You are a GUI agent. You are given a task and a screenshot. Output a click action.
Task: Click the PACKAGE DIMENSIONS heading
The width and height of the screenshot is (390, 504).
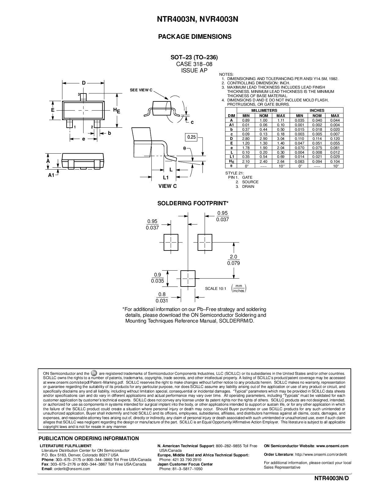(x=195, y=37)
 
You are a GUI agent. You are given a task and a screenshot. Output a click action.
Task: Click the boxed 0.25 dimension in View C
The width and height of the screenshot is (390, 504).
(x=191, y=137)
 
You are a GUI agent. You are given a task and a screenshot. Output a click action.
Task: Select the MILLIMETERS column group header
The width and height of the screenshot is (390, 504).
(x=264, y=111)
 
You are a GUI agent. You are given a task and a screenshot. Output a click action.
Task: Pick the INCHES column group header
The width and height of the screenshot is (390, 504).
(x=317, y=111)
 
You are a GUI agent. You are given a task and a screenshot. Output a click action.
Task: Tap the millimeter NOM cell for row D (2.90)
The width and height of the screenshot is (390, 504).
(x=263, y=139)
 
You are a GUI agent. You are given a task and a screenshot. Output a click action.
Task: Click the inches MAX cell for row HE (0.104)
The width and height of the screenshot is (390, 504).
(x=335, y=162)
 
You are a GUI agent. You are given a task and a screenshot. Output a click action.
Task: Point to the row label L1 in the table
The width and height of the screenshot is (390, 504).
(x=232, y=157)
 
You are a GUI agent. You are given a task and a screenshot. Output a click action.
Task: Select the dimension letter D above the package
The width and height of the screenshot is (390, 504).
(x=84, y=83)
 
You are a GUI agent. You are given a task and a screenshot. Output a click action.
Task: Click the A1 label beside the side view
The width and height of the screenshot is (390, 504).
(x=51, y=175)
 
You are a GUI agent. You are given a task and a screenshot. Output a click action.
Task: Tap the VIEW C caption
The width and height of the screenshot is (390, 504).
(x=167, y=186)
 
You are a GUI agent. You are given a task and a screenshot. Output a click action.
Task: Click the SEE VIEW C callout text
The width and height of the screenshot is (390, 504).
(x=141, y=90)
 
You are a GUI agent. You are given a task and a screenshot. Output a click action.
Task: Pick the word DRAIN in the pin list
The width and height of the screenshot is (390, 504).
(x=248, y=187)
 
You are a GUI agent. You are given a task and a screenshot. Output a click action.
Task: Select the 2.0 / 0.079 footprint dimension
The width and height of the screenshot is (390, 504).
(x=233, y=260)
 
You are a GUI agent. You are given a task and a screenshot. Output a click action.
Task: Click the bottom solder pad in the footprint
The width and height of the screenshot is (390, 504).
(x=188, y=278)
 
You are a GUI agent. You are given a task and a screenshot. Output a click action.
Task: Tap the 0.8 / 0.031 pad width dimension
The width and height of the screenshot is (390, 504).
(x=162, y=297)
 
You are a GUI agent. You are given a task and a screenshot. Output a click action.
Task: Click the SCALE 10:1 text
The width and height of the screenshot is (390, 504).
(x=215, y=289)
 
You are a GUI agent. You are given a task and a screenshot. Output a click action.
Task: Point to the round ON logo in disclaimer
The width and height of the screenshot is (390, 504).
(x=94, y=373)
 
